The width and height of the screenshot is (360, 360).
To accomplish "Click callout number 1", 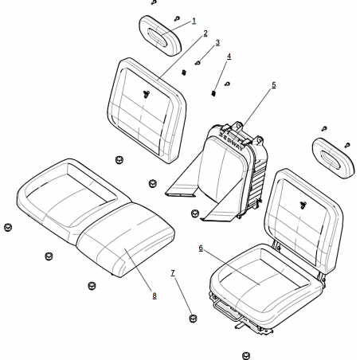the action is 194,21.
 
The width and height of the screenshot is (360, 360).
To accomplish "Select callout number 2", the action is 205,33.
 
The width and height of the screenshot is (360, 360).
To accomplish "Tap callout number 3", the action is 217,42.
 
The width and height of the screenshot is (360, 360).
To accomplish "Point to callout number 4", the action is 229,57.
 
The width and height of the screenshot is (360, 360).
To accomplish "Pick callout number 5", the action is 274,85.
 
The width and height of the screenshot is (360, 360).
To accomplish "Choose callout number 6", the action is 201,248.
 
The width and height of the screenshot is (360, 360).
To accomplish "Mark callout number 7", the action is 173,272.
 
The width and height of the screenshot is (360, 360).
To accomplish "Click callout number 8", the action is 155,295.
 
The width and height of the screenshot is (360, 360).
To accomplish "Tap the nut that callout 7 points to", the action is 194,318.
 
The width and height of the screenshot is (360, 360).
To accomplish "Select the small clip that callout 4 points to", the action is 213,93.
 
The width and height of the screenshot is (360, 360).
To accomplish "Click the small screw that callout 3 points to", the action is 198,63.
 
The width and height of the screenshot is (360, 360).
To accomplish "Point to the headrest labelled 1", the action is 160,36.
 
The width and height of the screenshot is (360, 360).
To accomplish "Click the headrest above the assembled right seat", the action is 333,158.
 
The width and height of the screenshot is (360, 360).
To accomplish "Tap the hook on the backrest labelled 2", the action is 147,94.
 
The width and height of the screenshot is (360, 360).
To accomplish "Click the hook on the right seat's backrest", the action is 303,205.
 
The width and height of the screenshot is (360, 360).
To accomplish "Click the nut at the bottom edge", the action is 246,355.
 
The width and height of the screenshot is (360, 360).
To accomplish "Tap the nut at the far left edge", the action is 8,227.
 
